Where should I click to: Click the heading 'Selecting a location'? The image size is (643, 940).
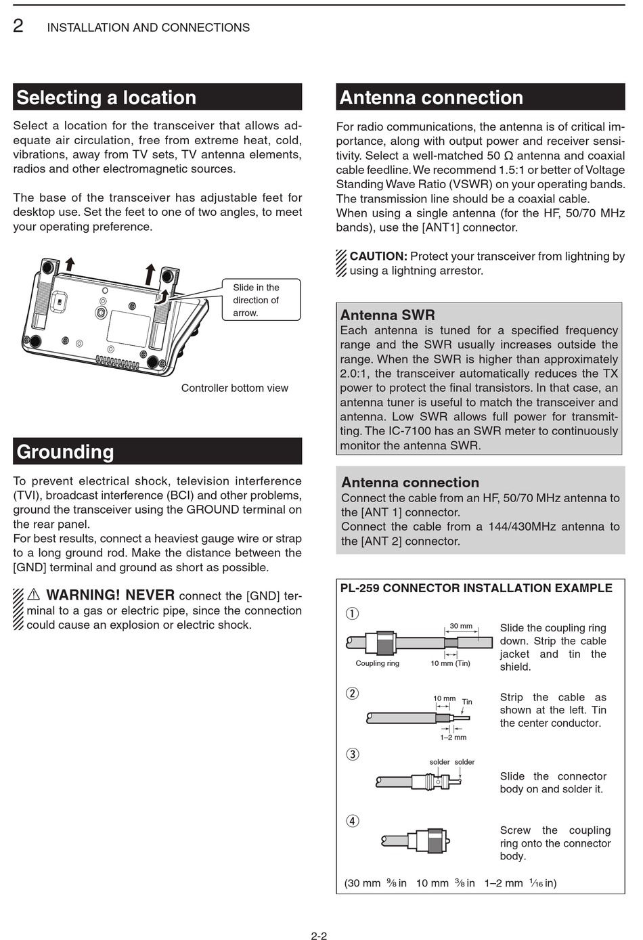[x=106, y=97]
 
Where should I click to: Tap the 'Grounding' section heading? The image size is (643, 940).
[x=66, y=451]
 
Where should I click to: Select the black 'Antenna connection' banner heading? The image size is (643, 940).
[x=431, y=97]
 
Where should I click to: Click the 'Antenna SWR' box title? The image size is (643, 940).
[x=387, y=315]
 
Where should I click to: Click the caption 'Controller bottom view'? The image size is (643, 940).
[x=234, y=388]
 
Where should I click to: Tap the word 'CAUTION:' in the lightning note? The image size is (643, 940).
[x=378, y=256]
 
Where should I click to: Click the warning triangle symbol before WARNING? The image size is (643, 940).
[x=34, y=595]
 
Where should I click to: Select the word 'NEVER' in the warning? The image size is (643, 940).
[x=150, y=595]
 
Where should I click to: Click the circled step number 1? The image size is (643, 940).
[x=352, y=614]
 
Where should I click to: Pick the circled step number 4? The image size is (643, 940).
[x=352, y=821]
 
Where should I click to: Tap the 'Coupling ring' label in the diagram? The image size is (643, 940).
[x=377, y=663]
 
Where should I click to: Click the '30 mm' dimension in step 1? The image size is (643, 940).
[x=461, y=626]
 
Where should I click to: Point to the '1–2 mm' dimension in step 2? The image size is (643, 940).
[x=453, y=737]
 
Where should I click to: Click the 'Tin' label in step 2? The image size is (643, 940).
[x=467, y=702]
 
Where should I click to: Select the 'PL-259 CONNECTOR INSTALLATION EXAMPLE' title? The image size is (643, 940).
[x=476, y=588]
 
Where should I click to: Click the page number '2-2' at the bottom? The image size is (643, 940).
[x=319, y=936]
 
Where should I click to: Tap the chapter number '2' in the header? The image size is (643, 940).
[x=18, y=26]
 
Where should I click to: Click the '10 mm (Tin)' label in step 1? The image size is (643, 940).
[x=450, y=663]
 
